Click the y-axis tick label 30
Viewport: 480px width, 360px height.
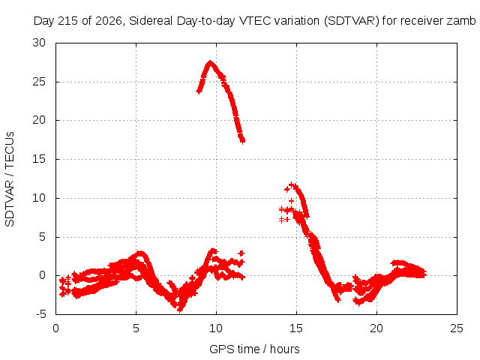(x=39, y=43)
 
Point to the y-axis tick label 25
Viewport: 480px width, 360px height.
(x=39, y=82)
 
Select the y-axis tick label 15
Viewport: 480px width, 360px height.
(x=39, y=159)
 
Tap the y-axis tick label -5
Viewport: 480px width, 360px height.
(x=41, y=314)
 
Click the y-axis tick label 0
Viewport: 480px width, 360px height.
(x=43, y=275)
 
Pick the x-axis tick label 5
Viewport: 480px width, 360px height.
(x=136, y=328)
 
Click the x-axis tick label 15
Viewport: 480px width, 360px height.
(x=296, y=328)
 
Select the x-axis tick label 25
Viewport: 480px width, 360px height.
(x=457, y=328)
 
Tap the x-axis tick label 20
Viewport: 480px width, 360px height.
(x=376, y=328)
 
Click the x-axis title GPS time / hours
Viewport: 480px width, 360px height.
(x=254, y=349)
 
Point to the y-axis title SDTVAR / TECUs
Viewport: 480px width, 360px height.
(x=10, y=179)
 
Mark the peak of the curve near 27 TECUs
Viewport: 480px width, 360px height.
(x=210, y=62)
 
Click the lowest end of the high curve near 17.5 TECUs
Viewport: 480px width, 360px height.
(x=242, y=141)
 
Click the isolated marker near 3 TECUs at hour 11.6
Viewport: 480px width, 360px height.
(x=241, y=253)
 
